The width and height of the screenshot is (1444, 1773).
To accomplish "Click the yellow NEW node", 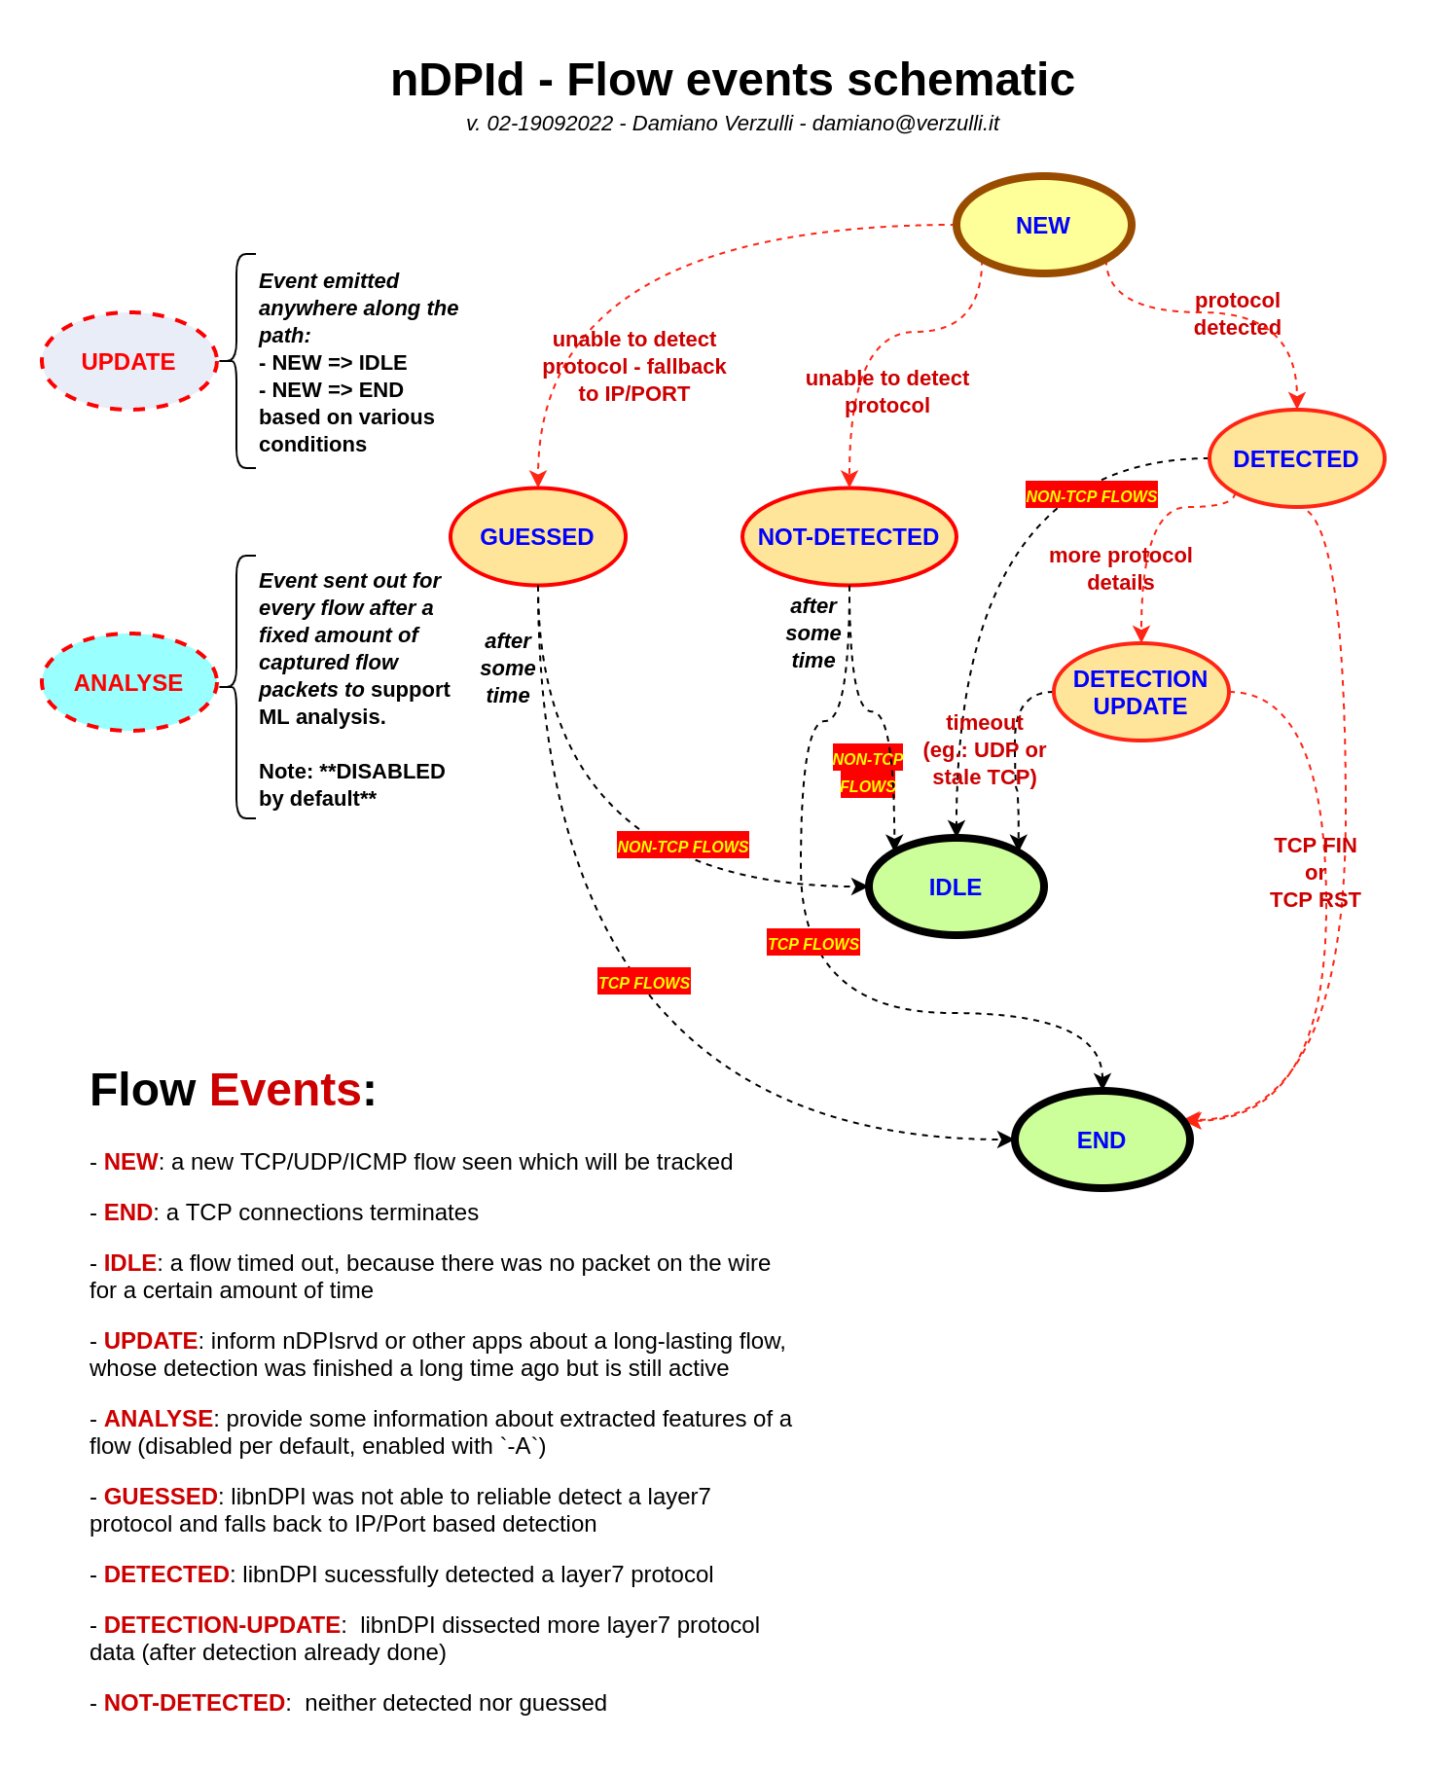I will pyautogui.click(x=1043, y=225).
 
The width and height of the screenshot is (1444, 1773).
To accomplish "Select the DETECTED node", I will pyautogui.click(x=1295, y=458).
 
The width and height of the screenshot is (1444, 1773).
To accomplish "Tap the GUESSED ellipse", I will pyautogui.click(x=537, y=536).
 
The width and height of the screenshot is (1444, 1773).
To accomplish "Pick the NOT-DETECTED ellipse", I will pyautogui.click(x=848, y=536).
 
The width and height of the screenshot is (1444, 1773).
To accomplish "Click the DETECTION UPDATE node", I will pyautogui.click(x=1140, y=692).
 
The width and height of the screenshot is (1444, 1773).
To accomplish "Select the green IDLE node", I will pyautogui.click(x=956, y=886).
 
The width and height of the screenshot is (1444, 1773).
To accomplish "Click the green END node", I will pyautogui.click(x=1101, y=1140).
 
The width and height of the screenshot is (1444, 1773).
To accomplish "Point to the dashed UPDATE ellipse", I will pyautogui.click(x=128, y=361).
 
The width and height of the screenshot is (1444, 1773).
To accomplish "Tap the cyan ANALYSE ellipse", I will pyautogui.click(x=128, y=682).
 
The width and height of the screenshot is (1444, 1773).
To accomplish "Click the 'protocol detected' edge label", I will pyautogui.click(x=1237, y=313).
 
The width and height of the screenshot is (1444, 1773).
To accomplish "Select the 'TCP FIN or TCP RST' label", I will pyautogui.click(x=1315, y=872).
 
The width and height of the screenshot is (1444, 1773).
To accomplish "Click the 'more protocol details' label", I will pyautogui.click(x=1120, y=568).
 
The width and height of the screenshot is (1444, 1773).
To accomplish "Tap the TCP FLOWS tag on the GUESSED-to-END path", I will pyautogui.click(x=644, y=982).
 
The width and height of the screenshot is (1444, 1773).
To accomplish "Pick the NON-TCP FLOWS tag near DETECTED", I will pyautogui.click(x=1091, y=495).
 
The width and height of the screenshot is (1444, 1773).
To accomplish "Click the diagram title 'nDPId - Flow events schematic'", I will pyautogui.click(x=732, y=80).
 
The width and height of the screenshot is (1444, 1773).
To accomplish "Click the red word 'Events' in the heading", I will pyautogui.click(x=285, y=1089).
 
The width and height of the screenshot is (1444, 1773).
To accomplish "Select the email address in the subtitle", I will pyautogui.click(x=905, y=124).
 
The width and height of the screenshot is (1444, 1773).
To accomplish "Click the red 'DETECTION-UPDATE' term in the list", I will pyautogui.click(x=222, y=1624).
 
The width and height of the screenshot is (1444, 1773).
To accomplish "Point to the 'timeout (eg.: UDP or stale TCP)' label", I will pyautogui.click(x=984, y=749).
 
